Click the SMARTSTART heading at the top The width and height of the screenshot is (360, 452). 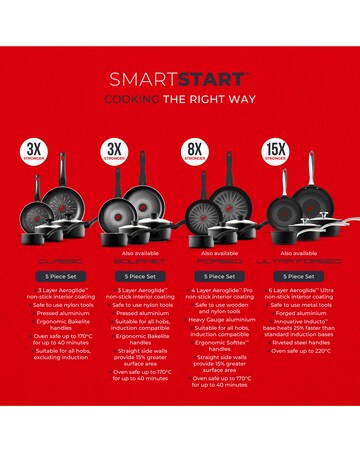tap(180, 79)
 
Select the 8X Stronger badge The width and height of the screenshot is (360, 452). tap(194, 154)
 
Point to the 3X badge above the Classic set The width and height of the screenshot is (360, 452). tap(34, 154)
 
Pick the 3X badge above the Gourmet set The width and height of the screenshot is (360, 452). tap(114, 154)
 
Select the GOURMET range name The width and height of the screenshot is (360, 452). tap(140, 258)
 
